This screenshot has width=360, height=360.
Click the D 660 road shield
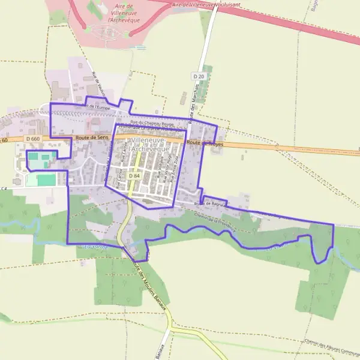click(32, 139)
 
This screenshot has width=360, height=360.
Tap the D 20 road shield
click(199, 76)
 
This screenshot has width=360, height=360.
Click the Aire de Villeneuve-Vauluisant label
click(206, 4)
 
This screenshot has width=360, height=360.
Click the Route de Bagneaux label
click(211, 205)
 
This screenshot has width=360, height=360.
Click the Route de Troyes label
click(205, 143)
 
